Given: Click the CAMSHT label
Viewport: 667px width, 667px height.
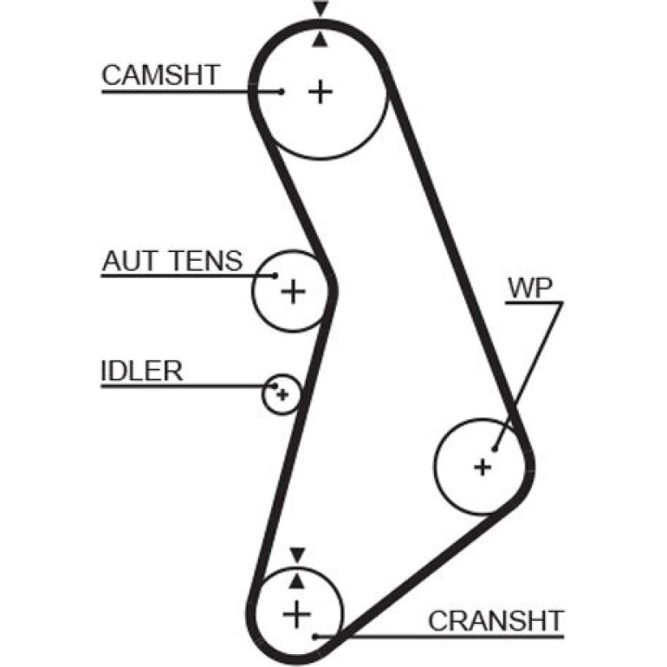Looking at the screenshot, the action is (x=161, y=74).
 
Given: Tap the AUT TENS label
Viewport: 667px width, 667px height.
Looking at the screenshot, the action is (x=172, y=261).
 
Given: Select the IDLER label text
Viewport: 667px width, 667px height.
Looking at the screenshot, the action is (x=142, y=371).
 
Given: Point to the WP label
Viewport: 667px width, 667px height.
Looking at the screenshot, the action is (x=530, y=288).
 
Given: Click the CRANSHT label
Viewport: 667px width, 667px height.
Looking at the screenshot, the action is (x=496, y=621).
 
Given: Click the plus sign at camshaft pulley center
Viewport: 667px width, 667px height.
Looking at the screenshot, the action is (x=320, y=92).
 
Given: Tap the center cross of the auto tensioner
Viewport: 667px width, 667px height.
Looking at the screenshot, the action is (x=293, y=291).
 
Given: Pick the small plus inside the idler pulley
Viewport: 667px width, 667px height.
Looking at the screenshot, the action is (x=282, y=395).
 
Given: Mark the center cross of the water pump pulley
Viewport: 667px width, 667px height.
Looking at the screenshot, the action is (x=482, y=468).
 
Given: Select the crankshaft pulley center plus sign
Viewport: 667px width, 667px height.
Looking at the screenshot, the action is (x=296, y=614).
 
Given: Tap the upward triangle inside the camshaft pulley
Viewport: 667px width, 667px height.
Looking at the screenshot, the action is (x=321, y=40).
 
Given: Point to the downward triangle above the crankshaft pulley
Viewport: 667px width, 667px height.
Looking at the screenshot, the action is (x=297, y=555).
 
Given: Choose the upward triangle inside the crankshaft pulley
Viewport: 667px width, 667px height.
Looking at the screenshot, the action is (x=296, y=580).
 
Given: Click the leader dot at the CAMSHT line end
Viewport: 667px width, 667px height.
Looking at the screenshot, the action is (x=281, y=91).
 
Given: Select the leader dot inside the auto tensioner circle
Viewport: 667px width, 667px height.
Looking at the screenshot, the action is (x=275, y=275).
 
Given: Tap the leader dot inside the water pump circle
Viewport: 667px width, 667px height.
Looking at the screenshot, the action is (x=495, y=449).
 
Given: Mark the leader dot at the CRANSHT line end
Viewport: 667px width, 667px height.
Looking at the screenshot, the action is (x=315, y=637).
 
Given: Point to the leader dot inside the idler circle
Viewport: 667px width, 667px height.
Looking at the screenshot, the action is (x=275, y=386).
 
